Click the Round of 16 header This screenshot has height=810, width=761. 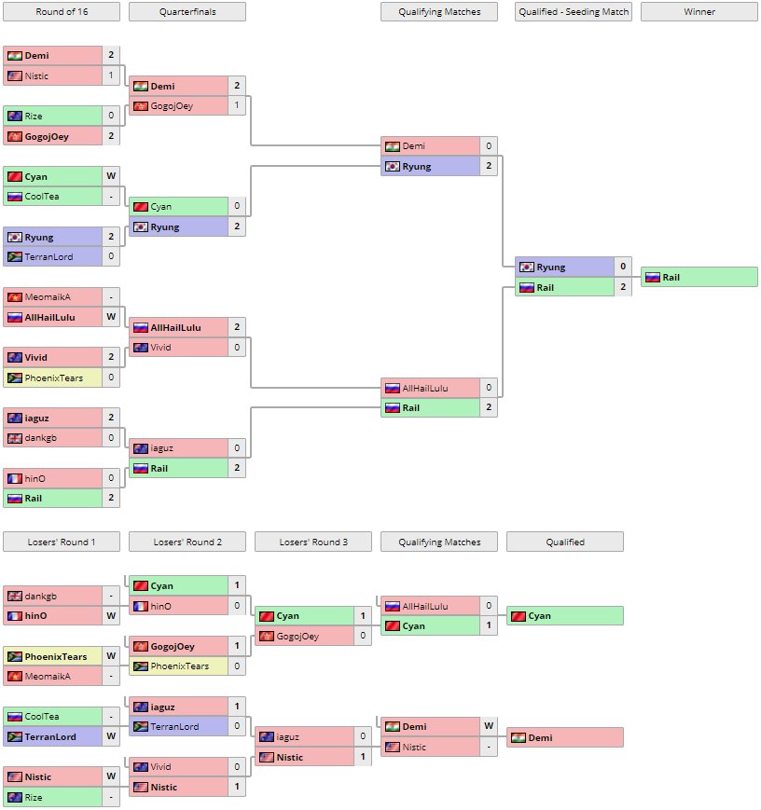tap(62, 12)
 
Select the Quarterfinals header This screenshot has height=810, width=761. tap(187, 12)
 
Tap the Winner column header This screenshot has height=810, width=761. tap(699, 12)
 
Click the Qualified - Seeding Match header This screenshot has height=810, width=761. tap(574, 12)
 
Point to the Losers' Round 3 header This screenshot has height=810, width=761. tap(312, 542)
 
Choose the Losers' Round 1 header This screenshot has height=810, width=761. tap(62, 542)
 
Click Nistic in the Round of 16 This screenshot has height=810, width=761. tap(36, 76)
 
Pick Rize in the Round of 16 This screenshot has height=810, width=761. tap(35, 117)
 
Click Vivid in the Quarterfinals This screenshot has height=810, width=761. tap(161, 348)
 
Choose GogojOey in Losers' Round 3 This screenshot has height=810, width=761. tap(297, 636)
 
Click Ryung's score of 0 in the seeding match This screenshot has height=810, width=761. tap(622, 268)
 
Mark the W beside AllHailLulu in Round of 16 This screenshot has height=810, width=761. tap(111, 317)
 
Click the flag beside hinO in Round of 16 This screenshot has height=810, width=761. tap(14, 478)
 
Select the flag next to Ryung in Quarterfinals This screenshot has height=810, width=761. tap(140, 227)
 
